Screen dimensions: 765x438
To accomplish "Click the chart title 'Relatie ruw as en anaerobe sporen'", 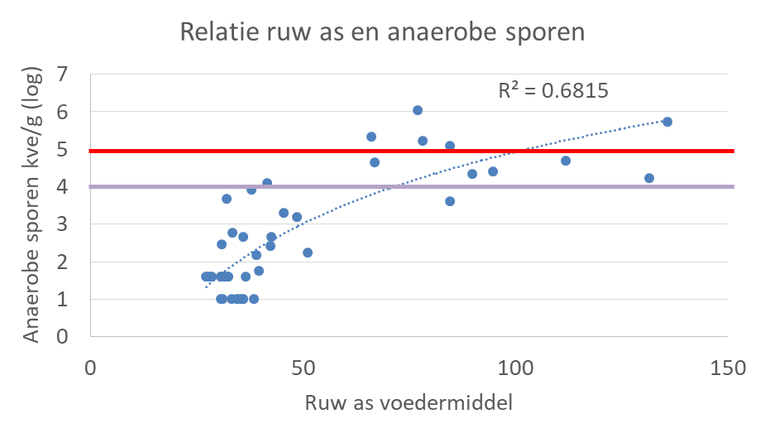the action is pos(382,32).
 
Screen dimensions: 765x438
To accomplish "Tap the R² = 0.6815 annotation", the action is pos(553,90).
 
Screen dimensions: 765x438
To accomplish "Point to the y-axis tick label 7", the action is pos(62,75).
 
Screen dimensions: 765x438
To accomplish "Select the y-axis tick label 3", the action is pos(62,224).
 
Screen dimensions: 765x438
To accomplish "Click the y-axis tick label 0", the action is pos(62,336).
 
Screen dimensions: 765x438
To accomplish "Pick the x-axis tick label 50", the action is pos(303,368).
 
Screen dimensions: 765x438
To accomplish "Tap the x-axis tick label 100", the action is pos(515,368).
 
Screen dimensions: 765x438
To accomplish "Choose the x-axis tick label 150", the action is pos(728,368).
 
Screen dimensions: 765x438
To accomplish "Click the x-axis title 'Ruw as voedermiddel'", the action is pos(409,403).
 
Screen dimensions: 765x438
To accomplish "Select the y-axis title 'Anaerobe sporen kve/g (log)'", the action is pos(31,205).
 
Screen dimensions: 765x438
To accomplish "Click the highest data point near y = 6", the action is pos(418,110).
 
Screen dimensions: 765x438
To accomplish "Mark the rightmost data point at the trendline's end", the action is pos(667,122).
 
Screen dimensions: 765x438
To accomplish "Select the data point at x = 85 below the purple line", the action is pos(450,201).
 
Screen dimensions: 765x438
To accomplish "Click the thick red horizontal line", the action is pos(411,151).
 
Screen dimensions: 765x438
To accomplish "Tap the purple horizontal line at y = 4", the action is pos(411,186).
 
